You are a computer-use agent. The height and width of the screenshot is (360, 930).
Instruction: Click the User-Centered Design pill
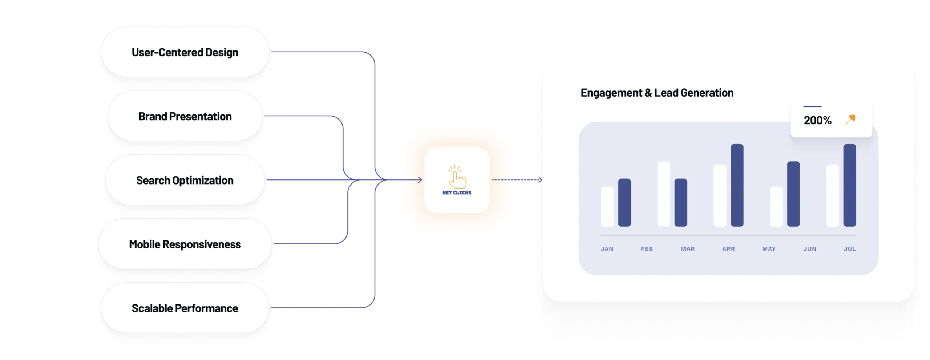click(185, 52)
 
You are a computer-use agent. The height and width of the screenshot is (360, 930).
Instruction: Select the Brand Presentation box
click(185, 116)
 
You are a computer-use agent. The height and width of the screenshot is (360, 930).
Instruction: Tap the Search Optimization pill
click(185, 180)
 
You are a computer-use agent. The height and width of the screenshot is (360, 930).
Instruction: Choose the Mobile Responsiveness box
click(185, 244)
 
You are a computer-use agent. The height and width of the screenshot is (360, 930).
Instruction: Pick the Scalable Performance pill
click(185, 308)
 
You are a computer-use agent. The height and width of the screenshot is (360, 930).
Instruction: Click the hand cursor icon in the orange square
click(457, 177)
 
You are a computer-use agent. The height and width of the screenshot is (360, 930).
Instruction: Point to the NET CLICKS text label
click(457, 193)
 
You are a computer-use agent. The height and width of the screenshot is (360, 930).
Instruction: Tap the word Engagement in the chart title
click(611, 93)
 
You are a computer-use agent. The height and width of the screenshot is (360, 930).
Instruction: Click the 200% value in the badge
click(817, 120)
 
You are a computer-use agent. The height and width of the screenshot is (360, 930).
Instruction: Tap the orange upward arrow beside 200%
click(850, 120)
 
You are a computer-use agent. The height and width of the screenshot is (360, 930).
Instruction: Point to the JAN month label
click(607, 249)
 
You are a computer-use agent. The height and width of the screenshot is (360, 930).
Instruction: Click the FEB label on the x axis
click(647, 249)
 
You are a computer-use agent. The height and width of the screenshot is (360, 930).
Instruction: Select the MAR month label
click(688, 249)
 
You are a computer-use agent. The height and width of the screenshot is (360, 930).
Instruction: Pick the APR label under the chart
click(728, 249)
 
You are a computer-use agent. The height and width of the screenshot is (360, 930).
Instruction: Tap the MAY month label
click(769, 249)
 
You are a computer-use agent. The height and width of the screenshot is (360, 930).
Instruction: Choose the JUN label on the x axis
click(810, 249)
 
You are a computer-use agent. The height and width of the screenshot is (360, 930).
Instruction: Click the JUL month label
click(850, 249)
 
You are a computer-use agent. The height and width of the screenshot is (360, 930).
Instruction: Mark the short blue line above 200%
click(812, 106)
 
